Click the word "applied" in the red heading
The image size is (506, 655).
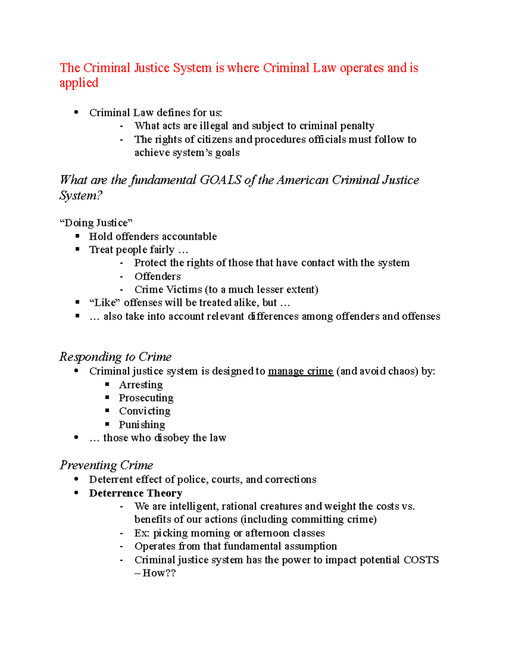tap(78, 83)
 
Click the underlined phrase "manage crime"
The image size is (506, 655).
tap(300, 371)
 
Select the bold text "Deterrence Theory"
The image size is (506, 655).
tap(135, 493)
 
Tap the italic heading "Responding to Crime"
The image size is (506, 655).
tap(115, 357)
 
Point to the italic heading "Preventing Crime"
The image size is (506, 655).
tap(106, 465)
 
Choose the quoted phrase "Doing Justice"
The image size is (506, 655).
tap(96, 223)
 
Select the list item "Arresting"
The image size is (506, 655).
tap(140, 385)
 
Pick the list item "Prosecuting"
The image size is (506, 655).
tap(146, 398)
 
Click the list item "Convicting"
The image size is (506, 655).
tap(145, 411)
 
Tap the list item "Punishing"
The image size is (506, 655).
tap(142, 424)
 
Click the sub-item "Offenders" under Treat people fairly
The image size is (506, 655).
tap(157, 276)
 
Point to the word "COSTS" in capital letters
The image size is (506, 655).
tap(421, 560)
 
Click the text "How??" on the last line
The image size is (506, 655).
tap(159, 573)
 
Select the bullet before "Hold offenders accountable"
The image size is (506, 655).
tap(77, 236)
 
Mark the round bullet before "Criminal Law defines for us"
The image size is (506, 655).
tap(76, 112)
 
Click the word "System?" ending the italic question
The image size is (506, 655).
tap(81, 196)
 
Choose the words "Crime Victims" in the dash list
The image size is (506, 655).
tap(168, 289)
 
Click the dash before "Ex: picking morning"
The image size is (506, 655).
tap(121, 533)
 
